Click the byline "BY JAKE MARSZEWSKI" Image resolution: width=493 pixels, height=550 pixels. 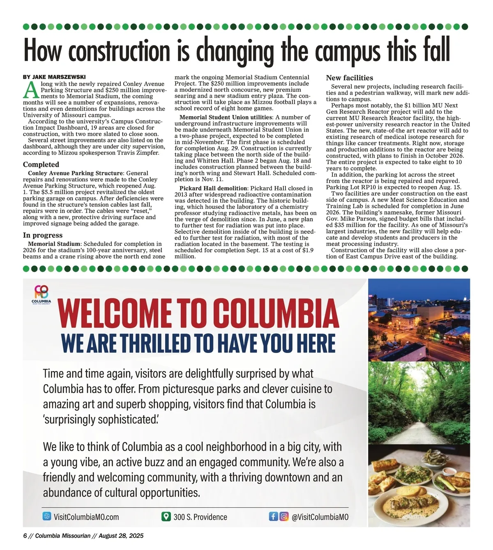(x=54, y=77)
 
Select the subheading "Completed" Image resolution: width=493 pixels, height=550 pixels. (x=41, y=164)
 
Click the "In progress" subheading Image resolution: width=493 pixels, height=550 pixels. (x=43, y=235)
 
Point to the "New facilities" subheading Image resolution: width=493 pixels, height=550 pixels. (x=350, y=78)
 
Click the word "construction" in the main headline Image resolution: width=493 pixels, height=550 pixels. (x=119, y=50)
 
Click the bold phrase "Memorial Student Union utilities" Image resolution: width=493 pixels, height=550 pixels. (x=226, y=117)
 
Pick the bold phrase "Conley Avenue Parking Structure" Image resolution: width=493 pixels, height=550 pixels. (x=76, y=173)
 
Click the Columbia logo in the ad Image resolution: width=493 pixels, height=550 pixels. (x=41, y=294)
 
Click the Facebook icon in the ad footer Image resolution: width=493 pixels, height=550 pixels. (x=273, y=516)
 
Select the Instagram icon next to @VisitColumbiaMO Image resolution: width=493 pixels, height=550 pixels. (x=284, y=516)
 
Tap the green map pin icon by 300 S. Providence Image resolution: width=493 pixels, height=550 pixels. (x=166, y=516)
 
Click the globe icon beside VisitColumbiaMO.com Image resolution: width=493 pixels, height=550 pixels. (x=47, y=516)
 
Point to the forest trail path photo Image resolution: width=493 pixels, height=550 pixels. (x=419, y=402)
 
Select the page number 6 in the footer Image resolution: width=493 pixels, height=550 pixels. (x=25, y=536)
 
